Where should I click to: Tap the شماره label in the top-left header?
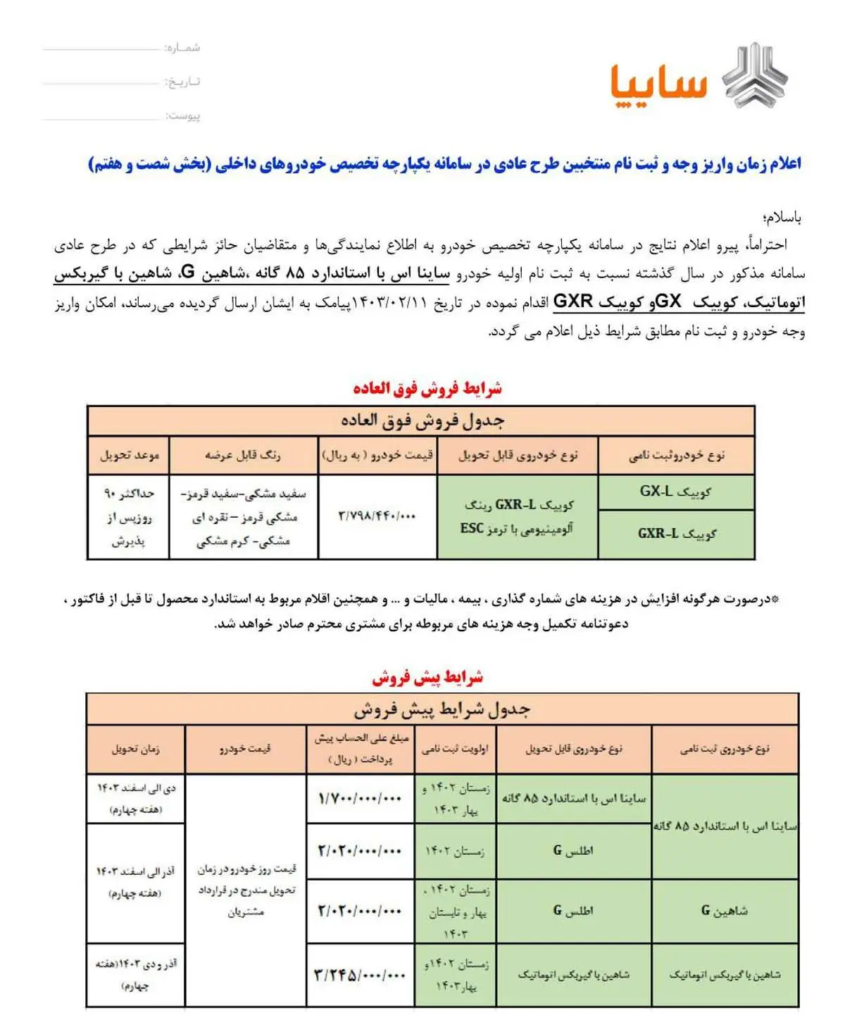pos(182,48)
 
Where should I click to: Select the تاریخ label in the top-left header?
pos(182,82)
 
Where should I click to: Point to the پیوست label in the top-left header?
pos(182,116)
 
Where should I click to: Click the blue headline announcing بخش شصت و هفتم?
pos(444,164)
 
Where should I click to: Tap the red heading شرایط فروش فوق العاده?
pos(427,388)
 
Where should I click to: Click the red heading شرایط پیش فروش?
pos(427,678)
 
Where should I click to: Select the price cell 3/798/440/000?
pos(377,516)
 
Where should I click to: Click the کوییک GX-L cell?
pos(676,492)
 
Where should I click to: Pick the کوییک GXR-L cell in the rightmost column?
pos(676,534)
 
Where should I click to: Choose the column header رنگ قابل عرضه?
pos(243,455)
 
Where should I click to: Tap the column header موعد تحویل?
pos(129,455)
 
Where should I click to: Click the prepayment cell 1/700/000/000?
pos(360,798)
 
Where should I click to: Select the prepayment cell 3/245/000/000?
pos(360,975)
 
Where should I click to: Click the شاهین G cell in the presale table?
pos(725,910)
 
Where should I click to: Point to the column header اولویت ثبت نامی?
pos(455,749)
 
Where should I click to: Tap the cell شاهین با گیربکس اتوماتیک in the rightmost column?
pos(725,975)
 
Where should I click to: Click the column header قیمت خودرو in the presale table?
pos(245,749)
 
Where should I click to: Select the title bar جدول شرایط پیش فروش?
pos(442,709)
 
